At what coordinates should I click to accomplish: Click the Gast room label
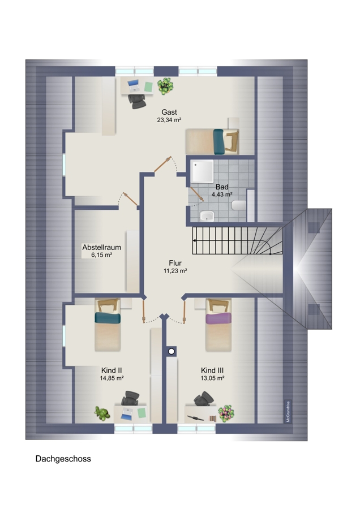169,113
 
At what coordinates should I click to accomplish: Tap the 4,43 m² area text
222,195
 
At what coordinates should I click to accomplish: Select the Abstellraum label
102,247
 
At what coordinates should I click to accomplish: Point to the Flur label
175,263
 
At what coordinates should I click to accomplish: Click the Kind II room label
112,370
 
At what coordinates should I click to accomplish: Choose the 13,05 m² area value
212,378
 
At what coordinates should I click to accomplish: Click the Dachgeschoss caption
63,459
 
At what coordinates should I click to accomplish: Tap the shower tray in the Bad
202,171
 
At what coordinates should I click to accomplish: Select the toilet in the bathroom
239,205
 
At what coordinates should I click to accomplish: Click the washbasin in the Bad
207,216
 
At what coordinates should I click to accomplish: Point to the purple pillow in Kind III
218,318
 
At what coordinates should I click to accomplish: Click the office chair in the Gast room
137,101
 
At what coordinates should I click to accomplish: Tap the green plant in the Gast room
165,86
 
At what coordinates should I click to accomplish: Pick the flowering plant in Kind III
226,413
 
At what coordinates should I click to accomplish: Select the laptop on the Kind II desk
126,414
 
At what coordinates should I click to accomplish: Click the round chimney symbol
172,351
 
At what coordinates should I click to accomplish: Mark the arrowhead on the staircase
194,240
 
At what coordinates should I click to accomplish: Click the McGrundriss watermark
288,412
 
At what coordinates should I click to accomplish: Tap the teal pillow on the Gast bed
218,142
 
